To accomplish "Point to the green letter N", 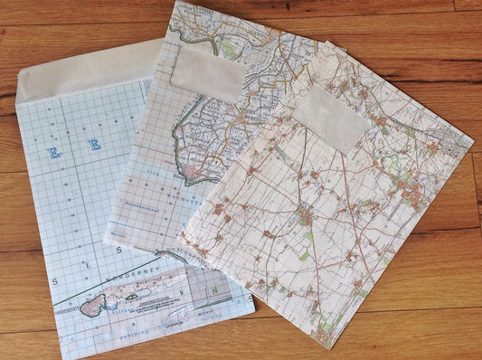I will pos(213,290).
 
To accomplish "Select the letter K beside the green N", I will pos(185,292).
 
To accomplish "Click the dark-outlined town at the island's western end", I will pos(91,307).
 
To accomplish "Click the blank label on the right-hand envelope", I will pos(328,118).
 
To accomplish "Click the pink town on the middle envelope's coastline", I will pos(201,172).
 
